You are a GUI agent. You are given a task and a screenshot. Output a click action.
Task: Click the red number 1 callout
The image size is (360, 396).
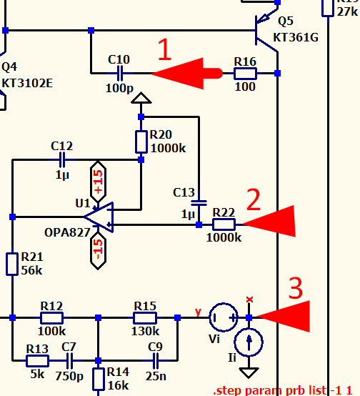click(164, 49)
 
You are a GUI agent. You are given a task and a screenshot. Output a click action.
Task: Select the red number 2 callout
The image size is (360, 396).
click(253, 199)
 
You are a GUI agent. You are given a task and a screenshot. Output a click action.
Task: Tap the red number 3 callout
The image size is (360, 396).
click(295, 288)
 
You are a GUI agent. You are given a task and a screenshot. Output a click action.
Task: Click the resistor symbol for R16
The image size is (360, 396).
click(245, 74)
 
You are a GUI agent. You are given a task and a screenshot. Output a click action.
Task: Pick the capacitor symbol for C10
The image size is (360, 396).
click(120, 73)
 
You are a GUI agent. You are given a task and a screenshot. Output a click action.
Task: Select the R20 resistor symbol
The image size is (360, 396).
click(141, 142)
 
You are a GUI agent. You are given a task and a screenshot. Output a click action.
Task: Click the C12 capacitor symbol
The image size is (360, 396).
click(62, 159)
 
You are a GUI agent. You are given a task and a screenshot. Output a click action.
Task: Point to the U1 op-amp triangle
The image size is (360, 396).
click(99, 217)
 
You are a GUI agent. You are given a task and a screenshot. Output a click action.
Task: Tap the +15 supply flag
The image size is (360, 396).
click(98, 182)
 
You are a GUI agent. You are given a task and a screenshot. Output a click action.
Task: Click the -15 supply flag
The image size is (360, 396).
click(98, 251)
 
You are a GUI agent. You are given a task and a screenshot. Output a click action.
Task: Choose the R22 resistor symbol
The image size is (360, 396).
click(224, 224)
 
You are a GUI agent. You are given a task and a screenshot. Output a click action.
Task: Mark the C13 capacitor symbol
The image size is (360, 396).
click(199, 203)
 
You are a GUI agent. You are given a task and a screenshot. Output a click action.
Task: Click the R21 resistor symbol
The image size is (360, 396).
click(12, 264)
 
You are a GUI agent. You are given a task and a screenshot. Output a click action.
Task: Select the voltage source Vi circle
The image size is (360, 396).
click(224, 317)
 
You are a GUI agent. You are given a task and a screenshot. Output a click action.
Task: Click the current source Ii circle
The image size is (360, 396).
click(249, 342)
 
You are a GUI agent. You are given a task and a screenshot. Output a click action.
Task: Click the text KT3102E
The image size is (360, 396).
click(27, 83)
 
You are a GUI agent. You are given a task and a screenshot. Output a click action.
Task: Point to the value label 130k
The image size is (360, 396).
click(145, 331)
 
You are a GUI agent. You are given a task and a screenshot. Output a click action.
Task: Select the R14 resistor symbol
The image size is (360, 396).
click(98, 379)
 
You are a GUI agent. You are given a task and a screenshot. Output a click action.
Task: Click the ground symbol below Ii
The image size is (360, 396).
click(249, 372)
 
